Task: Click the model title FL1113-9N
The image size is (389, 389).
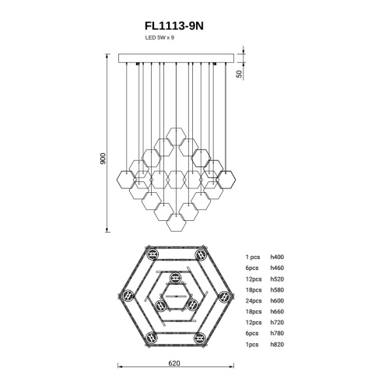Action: (x=174, y=26)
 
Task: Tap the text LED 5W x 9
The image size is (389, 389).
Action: (x=159, y=37)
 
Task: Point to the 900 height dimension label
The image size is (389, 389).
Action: (x=103, y=159)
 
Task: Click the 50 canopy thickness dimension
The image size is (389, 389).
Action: (x=239, y=74)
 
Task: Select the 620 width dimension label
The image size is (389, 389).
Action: (x=174, y=363)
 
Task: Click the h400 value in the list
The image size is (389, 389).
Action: (x=277, y=257)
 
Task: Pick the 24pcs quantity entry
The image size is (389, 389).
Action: (x=254, y=301)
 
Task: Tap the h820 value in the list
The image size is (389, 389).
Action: (x=277, y=345)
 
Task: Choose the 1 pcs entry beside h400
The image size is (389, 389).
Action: (x=253, y=257)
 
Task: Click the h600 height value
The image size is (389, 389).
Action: (x=277, y=301)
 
